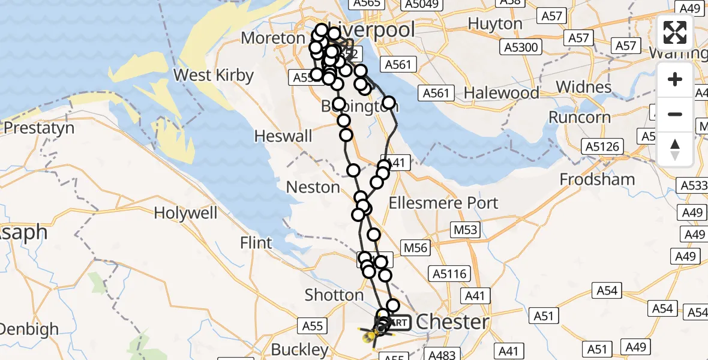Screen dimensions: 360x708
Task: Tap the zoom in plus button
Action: click(x=675, y=79)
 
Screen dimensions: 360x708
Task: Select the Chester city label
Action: click(x=452, y=322)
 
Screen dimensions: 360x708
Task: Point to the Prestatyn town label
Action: click(x=39, y=128)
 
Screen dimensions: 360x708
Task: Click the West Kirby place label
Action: click(x=213, y=76)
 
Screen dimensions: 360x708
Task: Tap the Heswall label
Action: click(x=283, y=136)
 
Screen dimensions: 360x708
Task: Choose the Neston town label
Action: click(x=313, y=187)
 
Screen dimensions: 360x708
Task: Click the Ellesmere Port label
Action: click(x=443, y=203)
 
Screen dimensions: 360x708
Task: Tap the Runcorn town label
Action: click(x=580, y=117)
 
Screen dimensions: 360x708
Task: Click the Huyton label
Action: click(x=495, y=24)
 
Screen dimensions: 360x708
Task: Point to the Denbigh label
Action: click(x=29, y=329)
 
